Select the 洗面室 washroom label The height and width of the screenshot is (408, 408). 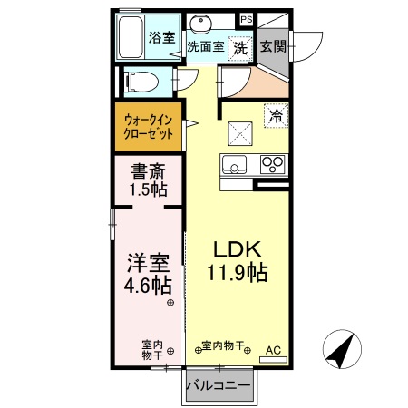click(206, 47)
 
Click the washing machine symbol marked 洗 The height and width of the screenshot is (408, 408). click(240, 48)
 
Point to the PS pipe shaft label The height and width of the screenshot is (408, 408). click(246, 18)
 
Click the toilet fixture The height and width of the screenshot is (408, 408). click(141, 82)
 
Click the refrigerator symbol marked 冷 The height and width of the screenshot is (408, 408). click(275, 117)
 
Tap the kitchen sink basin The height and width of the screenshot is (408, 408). click(233, 166)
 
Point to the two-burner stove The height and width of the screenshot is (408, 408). click(272, 165)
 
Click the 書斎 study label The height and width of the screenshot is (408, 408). click(147, 170)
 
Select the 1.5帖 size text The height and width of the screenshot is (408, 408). click(147, 189)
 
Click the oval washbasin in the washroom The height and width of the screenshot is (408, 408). click(201, 22)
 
